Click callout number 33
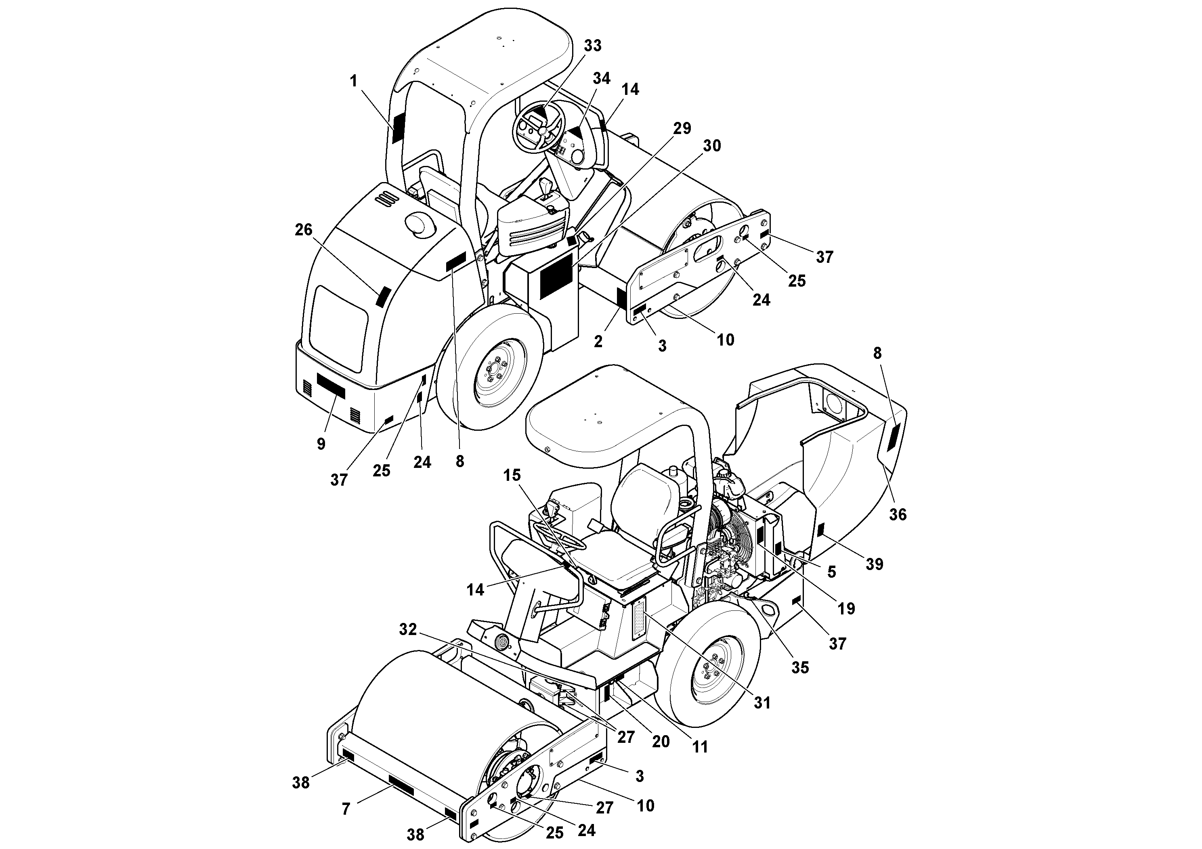pyautogui.click(x=593, y=46)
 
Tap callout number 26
pyautogui.click(x=303, y=230)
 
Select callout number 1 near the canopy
pyautogui.click(x=354, y=81)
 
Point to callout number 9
pyautogui.click(x=321, y=444)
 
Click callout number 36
pyautogui.click(x=898, y=515)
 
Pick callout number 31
pyautogui.click(x=762, y=703)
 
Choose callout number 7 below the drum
pyautogui.click(x=346, y=809)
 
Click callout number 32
pyautogui.click(x=408, y=629)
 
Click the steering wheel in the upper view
pyautogui.click(x=538, y=131)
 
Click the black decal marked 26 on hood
pyautogui.click(x=383, y=297)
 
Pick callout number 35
pyautogui.click(x=800, y=667)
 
